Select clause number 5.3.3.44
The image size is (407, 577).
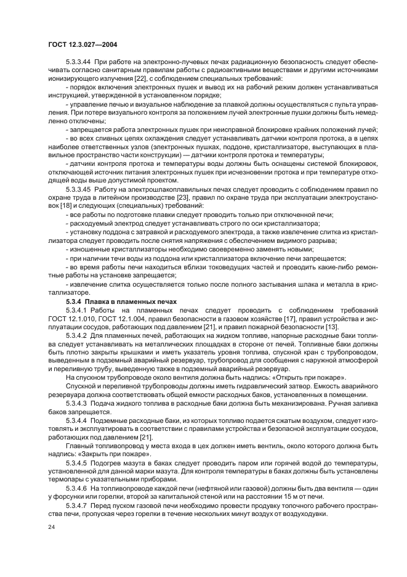[79, 63]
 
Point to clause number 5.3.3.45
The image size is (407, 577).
[79, 189]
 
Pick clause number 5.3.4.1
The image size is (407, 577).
[76, 309]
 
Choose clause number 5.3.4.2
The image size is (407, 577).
[76, 334]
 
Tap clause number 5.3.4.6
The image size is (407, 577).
[76, 486]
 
